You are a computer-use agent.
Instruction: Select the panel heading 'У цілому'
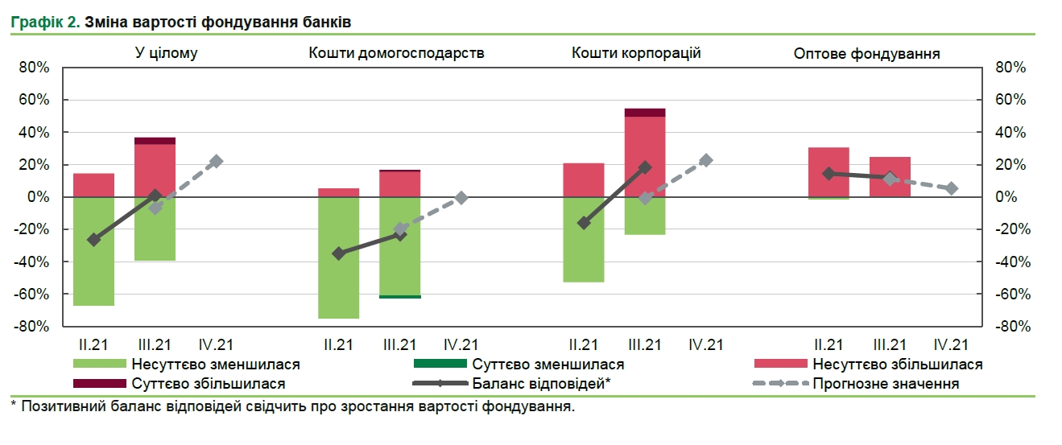click(x=166, y=53)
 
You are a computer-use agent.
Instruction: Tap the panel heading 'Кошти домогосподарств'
click(x=396, y=53)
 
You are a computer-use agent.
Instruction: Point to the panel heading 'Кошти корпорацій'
click(x=636, y=53)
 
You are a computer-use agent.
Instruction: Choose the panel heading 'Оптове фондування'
click(x=866, y=53)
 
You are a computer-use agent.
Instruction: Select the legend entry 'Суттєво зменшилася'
click(x=548, y=365)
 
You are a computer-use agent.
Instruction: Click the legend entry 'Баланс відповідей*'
click(x=542, y=384)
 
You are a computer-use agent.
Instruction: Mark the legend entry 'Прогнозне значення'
click(x=886, y=384)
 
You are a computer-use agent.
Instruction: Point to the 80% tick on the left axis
click(x=35, y=68)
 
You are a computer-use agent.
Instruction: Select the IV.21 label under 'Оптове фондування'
click(x=951, y=344)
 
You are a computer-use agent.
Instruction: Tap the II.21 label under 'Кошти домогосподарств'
click(x=338, y=344)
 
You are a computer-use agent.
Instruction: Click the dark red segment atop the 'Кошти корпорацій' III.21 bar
click(x=645, y=112)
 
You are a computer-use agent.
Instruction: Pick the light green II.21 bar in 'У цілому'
click(x=93, y=251)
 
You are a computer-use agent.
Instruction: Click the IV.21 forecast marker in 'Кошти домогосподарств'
click(x=461, y=197)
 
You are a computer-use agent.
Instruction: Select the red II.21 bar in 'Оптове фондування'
click(x=829, y=171)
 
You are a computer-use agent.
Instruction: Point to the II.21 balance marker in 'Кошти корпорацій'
click(x=585, y=223)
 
